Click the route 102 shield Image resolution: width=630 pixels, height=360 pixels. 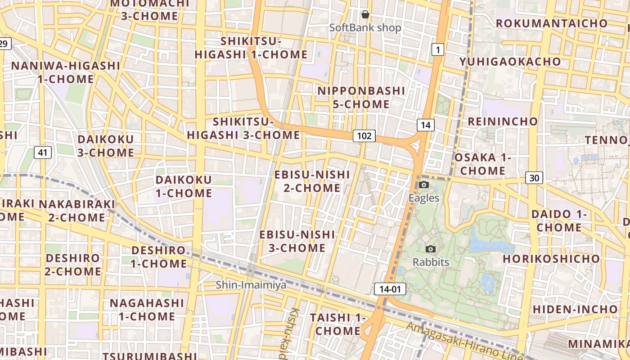pyautogui.click(x=364, y=135)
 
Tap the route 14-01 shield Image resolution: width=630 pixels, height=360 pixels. pyautogui.click(x=390, y=289)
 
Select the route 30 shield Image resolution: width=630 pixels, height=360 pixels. pyautogui.click(x=534, y=178)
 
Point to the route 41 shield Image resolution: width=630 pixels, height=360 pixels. pyautogui.click(x=42, y=153)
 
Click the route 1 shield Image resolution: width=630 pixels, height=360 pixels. pyautogui.click(x=437, y=49)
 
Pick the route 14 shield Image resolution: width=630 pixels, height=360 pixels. pyautogui.click(x=426, y=125)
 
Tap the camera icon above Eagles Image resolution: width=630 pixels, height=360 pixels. pyautogui.click(x=424, y=184)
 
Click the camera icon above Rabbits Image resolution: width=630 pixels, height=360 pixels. pyautogui.click(x=431, y=249)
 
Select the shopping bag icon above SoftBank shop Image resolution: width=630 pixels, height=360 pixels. pyautogui.click(x=365, y=14)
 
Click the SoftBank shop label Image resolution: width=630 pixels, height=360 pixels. pyautogui.click(x=365, y=27)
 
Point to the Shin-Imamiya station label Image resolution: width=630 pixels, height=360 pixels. pyautogui.click(x=251, y=284)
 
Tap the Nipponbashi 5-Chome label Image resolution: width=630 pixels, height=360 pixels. pyautogui.click(x=361, y=97)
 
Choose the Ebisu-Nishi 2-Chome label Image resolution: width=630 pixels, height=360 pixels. pyautogui.click(x=312, y=181)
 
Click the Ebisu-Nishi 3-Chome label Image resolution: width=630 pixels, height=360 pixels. pyautogui.click(x=297, y=241)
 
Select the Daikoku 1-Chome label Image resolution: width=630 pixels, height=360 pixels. pyautogui.click(x=184, y=186)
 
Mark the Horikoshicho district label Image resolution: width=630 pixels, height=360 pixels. pyautogui.click(x=551, y=259)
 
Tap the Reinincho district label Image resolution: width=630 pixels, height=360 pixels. pyautogui.click(x=503, y=121)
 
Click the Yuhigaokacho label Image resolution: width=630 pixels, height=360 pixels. pyautogui.click(x=510, y=61)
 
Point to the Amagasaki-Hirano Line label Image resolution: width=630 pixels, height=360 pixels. pyautogui.click(x=463, y=342)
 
